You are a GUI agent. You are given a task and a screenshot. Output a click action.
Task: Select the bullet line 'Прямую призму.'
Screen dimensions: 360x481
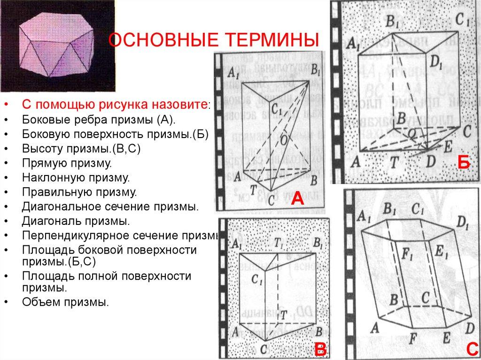point(65,163)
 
